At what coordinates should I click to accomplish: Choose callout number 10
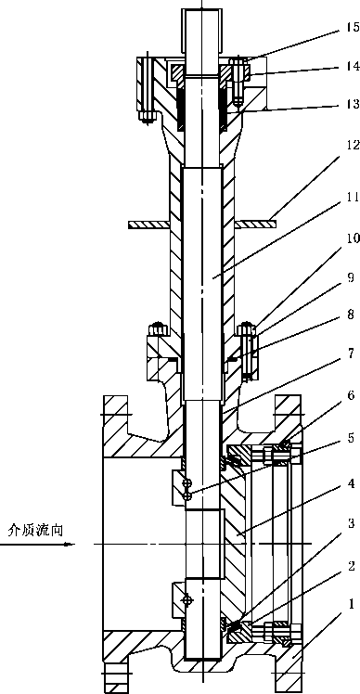click(x=351, y=239)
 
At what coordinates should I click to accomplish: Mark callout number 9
click(x=351, y=278)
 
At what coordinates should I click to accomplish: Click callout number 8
click(x=351, y=315)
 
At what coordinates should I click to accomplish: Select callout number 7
click(x=351, y=355)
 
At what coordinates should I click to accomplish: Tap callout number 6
click(x=351, y=395)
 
